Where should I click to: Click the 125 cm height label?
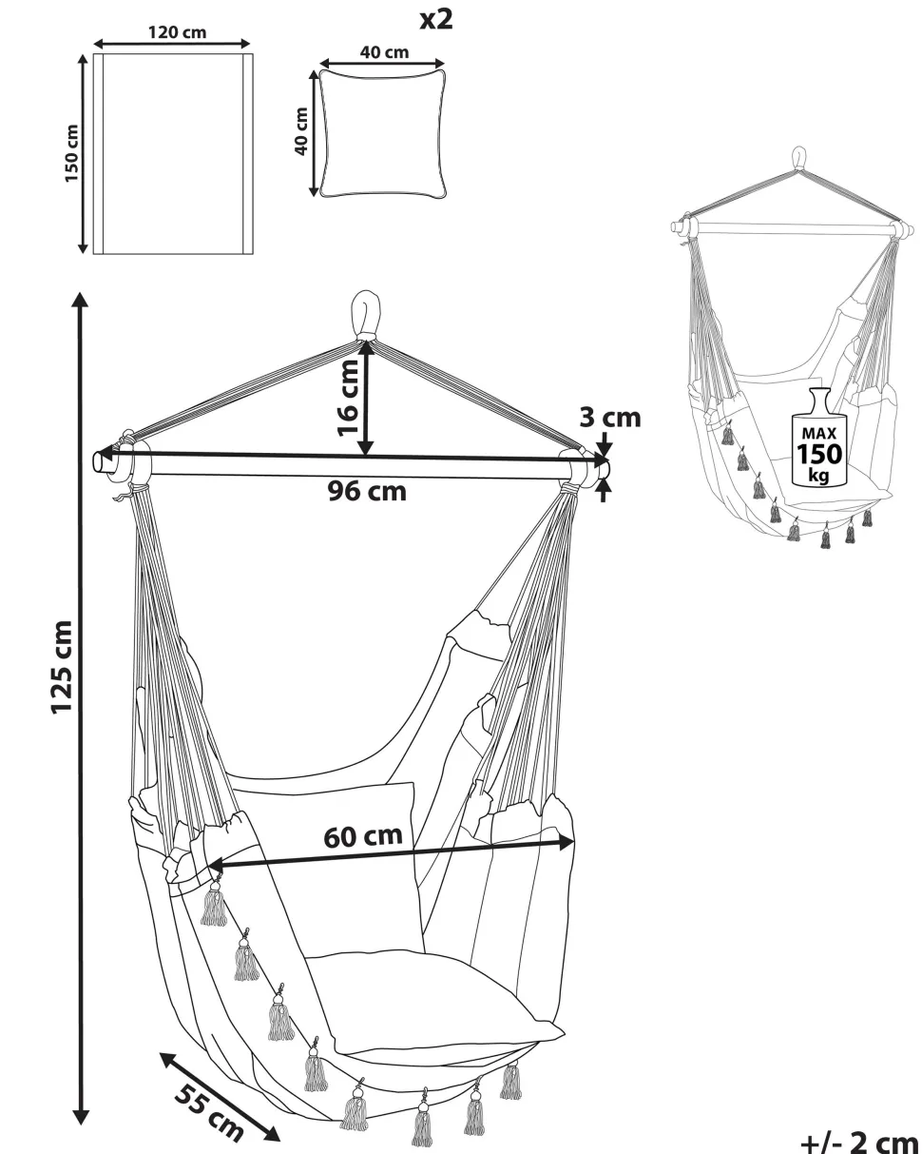62,666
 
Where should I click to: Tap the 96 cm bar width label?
367,492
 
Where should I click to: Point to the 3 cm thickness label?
610,418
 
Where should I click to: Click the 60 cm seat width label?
363,836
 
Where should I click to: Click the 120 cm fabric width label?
177,31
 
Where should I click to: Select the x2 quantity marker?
436,19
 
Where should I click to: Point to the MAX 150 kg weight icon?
817,440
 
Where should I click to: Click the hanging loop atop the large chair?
365,313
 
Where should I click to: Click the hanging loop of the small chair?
799,159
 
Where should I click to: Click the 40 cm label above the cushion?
384,52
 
